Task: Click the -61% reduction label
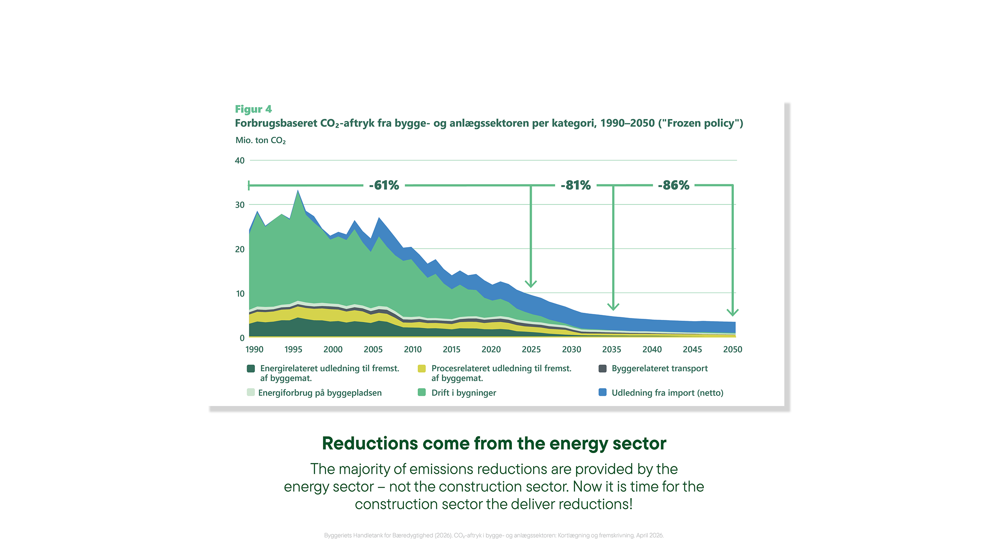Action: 384,185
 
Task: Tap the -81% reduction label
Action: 576,185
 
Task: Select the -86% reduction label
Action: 674,185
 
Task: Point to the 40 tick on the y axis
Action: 239,161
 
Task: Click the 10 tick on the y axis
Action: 240,293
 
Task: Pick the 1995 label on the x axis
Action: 293,349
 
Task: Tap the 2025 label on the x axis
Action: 531,349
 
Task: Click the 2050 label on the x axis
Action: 733,349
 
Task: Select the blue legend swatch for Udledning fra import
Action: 603,392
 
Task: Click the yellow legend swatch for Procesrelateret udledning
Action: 422,369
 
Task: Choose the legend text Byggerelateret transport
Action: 660,369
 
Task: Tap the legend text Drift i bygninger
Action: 464,393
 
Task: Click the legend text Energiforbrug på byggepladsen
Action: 320,393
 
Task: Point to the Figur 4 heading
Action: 253,109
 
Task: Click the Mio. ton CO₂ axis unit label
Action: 260,140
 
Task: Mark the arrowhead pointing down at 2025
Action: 531,284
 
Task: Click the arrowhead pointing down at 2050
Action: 733,312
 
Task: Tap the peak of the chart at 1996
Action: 298,191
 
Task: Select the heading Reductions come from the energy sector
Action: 494,444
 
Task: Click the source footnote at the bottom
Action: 494,535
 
